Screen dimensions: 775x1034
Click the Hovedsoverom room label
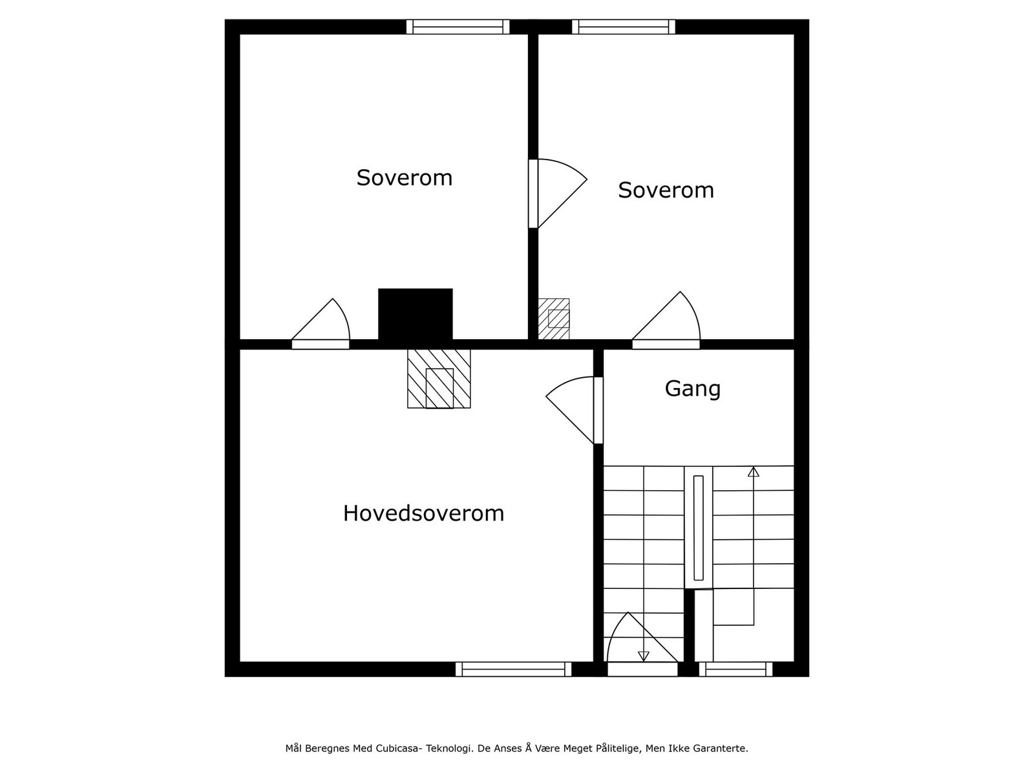[x=423, y=513]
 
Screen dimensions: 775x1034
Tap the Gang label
[x=692, y=389]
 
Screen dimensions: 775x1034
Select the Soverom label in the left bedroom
[x=405, y=178]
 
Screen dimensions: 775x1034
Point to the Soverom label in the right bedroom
[x=666, y=191]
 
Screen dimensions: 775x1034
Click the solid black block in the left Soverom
[x=415, y=314]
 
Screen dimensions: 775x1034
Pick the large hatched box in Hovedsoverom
[x=439, y=379]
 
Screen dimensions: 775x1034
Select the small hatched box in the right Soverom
[x=554, y=319]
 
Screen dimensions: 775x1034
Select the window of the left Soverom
[x=458, y=26]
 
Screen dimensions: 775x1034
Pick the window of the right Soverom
[x=623, y=26]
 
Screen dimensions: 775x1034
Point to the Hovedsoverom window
[x=513, y=669]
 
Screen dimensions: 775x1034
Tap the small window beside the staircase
[x=735, y=669]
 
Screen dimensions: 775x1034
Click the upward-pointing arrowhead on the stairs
[x=753, y=472]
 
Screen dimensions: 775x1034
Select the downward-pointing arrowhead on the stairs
[x=643, y=656]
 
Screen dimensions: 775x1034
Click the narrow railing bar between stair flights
[x=698, y=528]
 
